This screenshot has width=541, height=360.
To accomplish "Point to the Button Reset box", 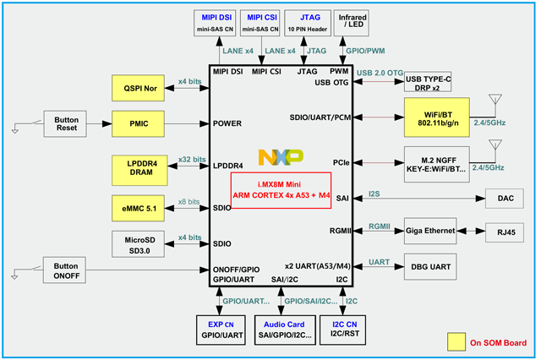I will [x=66, y=123].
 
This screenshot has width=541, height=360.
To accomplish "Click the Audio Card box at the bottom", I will [x=282, y=329].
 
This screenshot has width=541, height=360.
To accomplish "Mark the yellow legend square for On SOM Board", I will [x=457, y=341].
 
